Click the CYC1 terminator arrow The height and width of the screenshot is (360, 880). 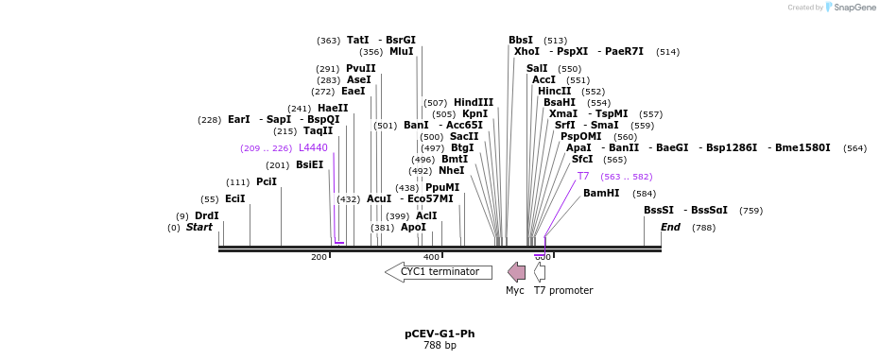click(439, 272)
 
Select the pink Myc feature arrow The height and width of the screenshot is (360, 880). click(516, 272)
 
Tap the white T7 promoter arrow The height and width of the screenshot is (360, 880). click(540, 272)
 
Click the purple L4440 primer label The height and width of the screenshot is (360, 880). click(313, 148)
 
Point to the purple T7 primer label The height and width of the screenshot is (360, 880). click(583, 177)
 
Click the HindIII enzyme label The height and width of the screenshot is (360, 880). click(474, 103)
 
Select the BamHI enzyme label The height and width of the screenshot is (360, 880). click(601, 193)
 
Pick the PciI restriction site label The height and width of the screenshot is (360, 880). click(267, 181)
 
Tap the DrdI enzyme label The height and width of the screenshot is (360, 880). click(207, 215)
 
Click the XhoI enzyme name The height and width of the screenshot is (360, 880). click(526, 51)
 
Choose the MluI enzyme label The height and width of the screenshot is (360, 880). click(402, 52)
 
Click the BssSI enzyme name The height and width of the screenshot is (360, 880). click(659, 210)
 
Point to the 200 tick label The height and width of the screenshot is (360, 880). click(319, 257)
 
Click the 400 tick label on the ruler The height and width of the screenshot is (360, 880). click(431, 257)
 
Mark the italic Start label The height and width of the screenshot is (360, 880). click(198, 228)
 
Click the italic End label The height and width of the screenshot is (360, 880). click(670, 228)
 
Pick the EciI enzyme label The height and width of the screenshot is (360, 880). click(235, 198)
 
